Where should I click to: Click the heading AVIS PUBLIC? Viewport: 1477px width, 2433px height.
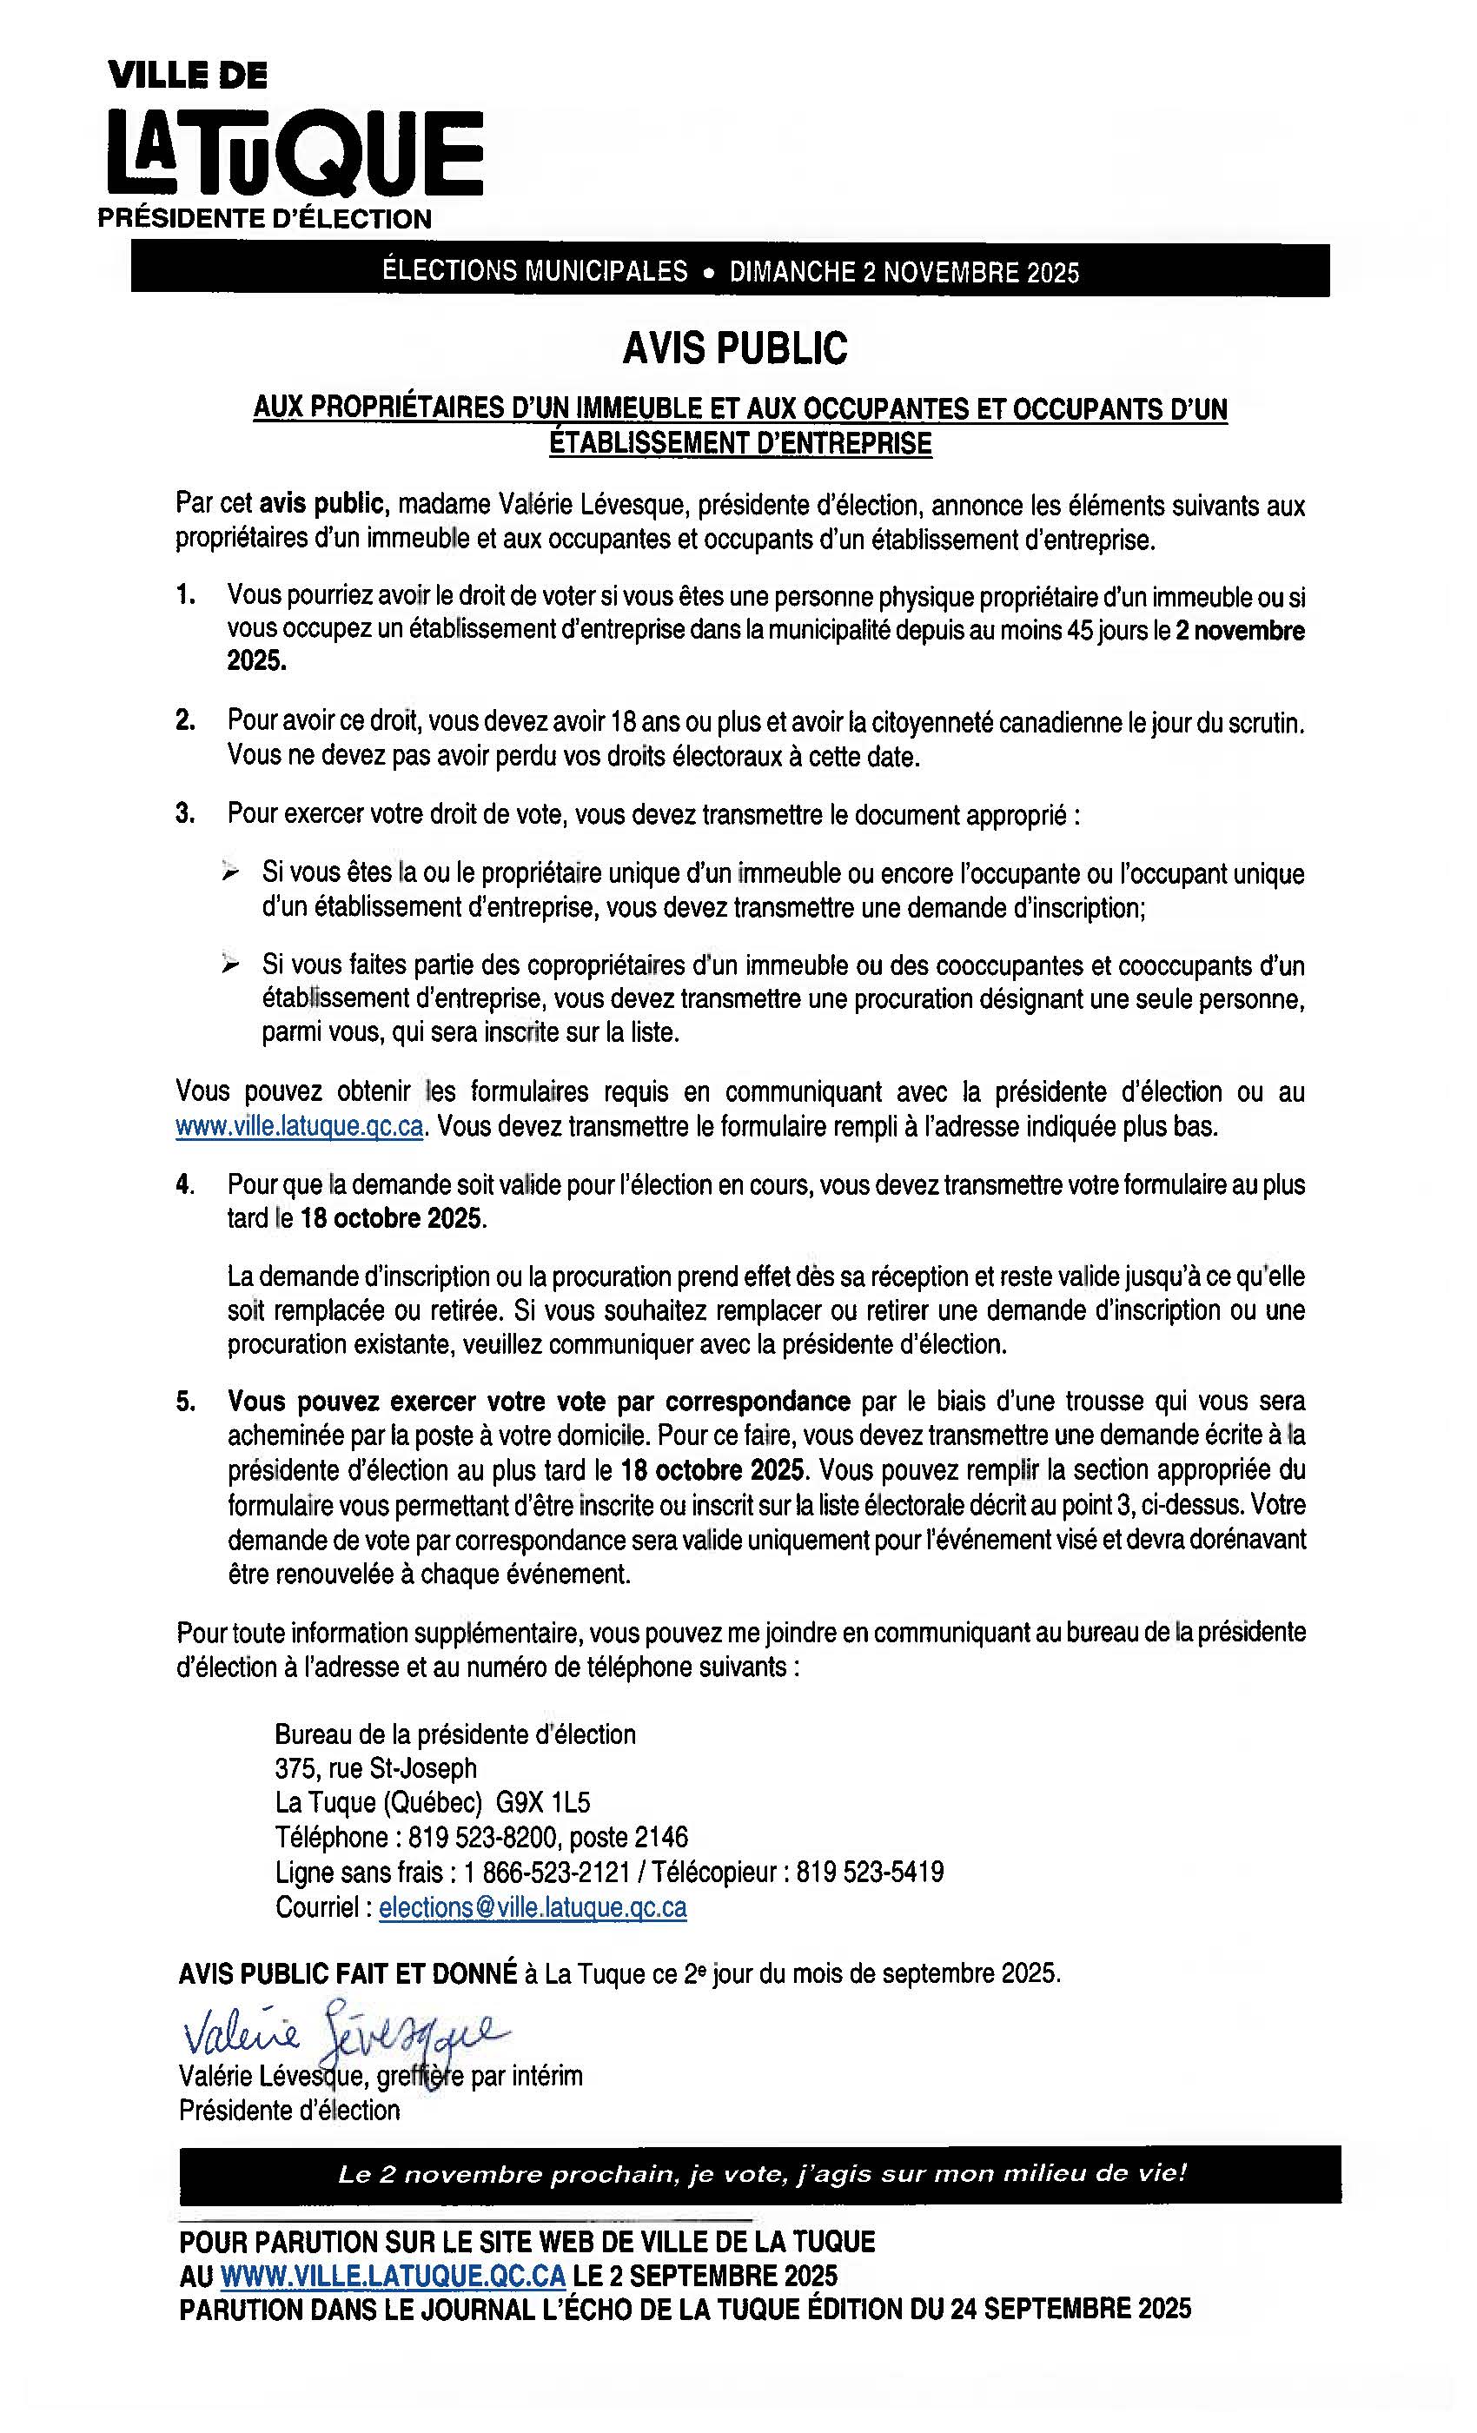(734, 348)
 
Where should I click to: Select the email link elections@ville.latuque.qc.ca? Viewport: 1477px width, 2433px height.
(532, 1906)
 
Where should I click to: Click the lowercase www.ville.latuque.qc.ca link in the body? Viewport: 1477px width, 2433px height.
(300, 1127)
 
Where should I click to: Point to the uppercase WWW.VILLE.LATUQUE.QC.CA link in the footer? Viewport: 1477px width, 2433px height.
(393, 2276)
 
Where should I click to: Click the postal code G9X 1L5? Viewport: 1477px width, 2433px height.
(543, 1803)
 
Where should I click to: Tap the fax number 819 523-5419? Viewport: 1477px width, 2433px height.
(870, 1873)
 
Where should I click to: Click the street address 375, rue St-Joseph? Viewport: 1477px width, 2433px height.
(376, 1768)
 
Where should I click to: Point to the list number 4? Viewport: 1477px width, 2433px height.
(184, 1185)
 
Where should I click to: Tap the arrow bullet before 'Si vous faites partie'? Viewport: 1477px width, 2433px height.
(230, 965)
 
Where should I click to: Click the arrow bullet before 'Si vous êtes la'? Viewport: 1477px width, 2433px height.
(230, 873)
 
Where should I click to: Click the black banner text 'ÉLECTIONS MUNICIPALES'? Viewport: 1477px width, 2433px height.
(535, 271)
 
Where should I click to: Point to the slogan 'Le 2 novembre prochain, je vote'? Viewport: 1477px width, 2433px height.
(761, 2174)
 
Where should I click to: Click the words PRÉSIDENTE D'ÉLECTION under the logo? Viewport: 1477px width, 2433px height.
(265, 219)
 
